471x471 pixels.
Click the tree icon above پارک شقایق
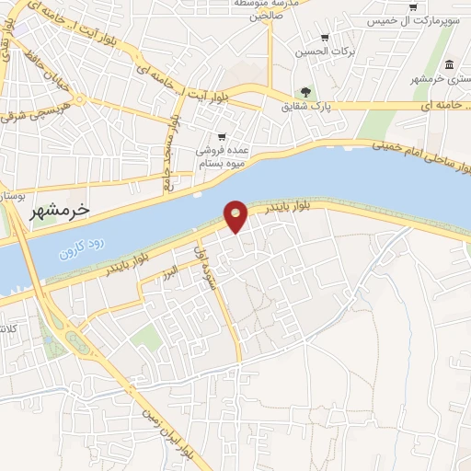305,91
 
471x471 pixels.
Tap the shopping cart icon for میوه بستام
222,136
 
